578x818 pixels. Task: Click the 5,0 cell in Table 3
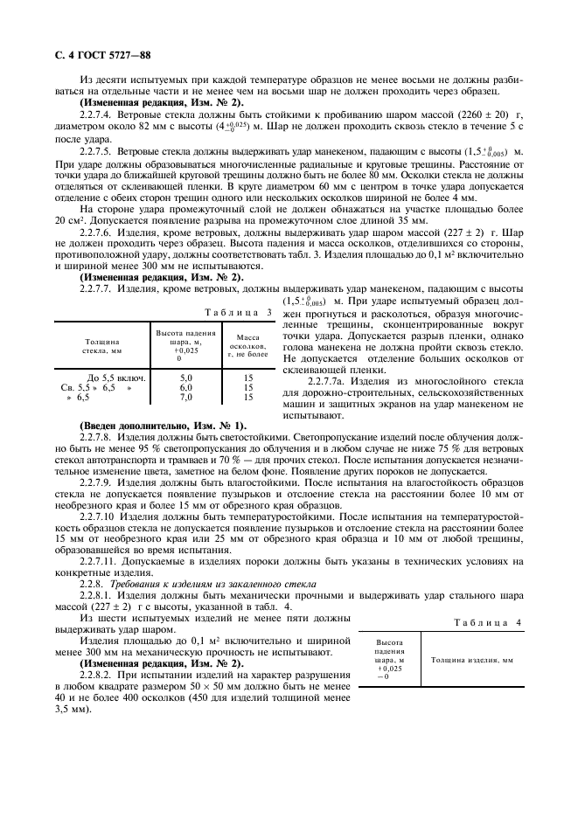[x=185, y=378]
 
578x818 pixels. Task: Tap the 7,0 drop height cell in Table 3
[x=185, y=397]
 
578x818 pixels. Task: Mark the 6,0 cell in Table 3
[x=185, y=387]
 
